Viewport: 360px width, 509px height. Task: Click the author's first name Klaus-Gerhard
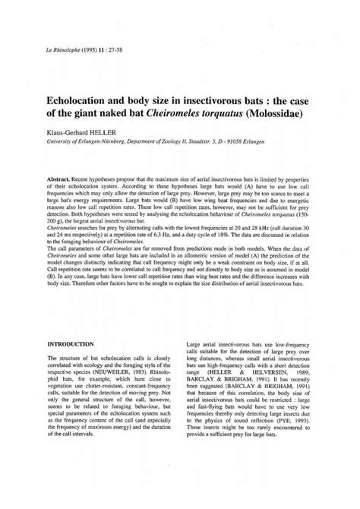tap(74, 138)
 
